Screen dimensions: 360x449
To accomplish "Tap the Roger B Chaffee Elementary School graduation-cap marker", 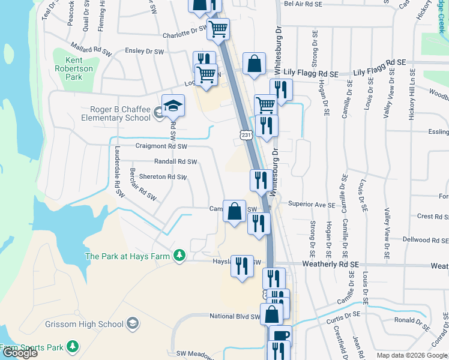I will click(173, 106).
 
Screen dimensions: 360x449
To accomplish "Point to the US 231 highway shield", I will click(246, 136).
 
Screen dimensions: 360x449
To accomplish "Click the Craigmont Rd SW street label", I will click(161, 146).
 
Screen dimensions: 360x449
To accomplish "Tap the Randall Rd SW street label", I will click(175, 161).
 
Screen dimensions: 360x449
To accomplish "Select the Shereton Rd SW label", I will click(163, 177).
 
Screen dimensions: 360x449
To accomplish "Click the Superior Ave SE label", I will click(311, 205).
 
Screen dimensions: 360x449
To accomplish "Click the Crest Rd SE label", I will click(433, 217).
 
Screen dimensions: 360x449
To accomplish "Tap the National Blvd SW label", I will click(235, 316).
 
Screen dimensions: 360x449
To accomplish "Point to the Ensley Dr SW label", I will click(144, 52).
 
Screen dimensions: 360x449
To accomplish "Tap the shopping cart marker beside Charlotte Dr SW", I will click(218, 28).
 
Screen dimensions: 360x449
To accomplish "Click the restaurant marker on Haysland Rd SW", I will click(243, 266).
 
